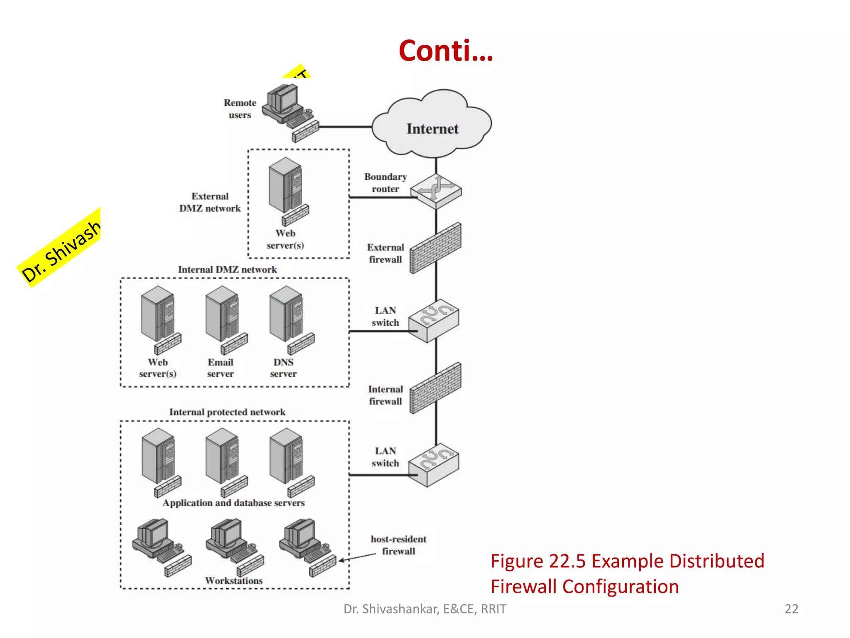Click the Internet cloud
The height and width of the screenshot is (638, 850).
(x=432, y=125)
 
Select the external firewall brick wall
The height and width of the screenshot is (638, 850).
(x=436, y=248)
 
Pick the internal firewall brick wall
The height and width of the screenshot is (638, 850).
(x=436, y=388)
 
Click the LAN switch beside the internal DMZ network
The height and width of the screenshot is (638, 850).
(x=434, y=321)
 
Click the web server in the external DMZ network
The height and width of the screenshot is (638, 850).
(x=286, y=187)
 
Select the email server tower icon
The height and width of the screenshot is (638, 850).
(x=223, y=316)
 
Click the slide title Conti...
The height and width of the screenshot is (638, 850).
(x=446, y=51)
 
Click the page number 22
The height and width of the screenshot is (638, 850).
(x=791, y=609)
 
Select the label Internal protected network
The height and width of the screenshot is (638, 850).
(x=227, y=412)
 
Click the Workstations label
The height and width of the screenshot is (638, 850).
(x=234, y=581)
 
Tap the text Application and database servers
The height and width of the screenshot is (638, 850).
(x=234, y=503)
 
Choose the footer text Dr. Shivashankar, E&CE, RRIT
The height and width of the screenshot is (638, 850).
(x=425, y=609)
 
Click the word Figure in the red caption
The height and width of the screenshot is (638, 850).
(x=517, y=561)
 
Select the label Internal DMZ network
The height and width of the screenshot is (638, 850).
(x=227, y=270)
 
